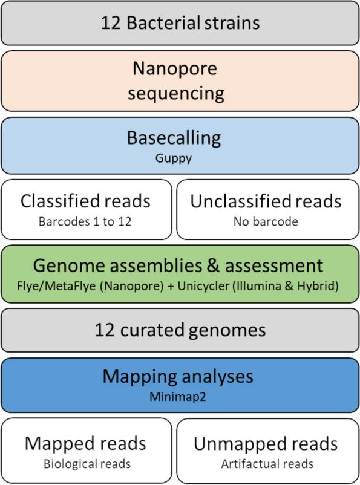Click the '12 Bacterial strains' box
(180, 23)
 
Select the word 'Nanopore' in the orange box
(180, 70)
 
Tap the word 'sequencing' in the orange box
(180, 94)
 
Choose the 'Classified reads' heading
(85, 201)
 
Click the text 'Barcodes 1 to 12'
(85, 221)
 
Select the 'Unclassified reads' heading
(266, 201)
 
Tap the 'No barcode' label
(266, 221)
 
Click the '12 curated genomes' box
(180, 330)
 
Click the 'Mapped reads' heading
(85, 443)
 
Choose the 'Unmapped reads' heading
(266, 443)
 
